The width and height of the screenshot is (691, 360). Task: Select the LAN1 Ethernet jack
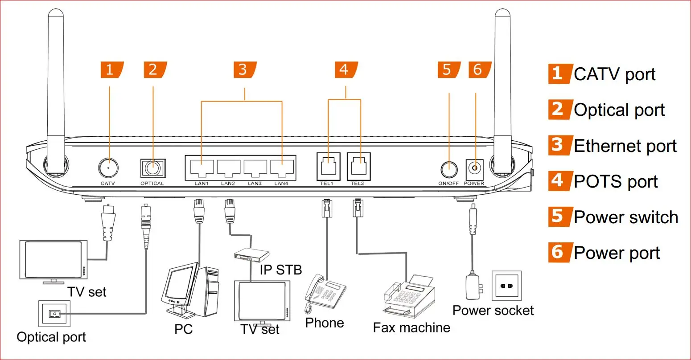(x=201, y=168)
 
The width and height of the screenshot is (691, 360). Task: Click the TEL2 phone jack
(x=358, y=166)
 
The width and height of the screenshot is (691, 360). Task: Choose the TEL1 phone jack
(x=328, y=166)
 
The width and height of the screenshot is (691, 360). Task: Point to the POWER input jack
(x=475, y=168)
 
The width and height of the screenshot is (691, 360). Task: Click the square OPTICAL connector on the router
(x=152, y=169)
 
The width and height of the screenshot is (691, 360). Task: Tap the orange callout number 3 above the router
(x=244, y=70)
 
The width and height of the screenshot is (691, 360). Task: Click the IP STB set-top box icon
(x=251, y=255)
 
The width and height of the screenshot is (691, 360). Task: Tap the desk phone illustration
(x=325, y=292)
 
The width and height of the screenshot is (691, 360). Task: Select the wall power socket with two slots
(x=506, y=286)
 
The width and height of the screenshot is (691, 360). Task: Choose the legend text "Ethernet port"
(x=625, y=146)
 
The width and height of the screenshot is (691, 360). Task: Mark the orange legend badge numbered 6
(x=558, y=252)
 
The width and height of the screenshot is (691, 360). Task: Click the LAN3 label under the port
(x=255, y=184)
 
